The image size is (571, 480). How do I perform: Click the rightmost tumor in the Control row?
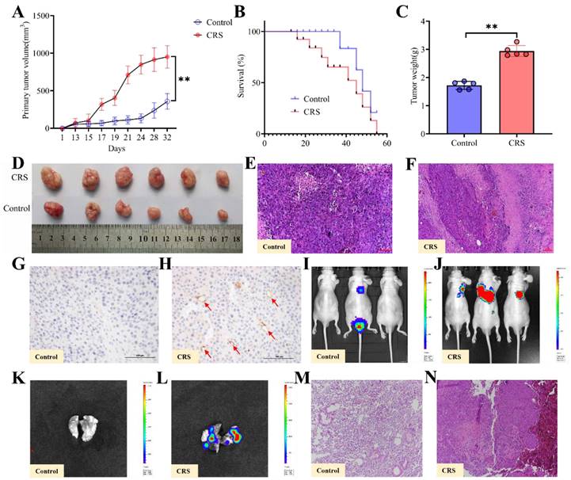pyautogui.click(x=224, y=214)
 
